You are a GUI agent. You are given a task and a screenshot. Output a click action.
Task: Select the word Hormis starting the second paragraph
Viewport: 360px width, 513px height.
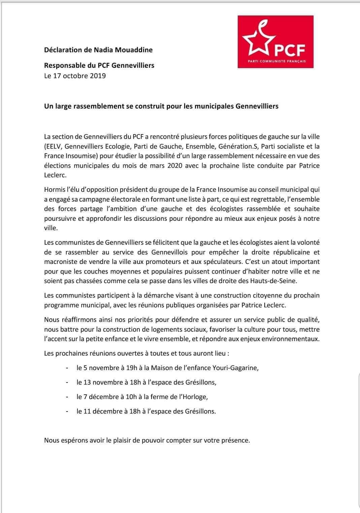pyautogui.click(x=55, y=190)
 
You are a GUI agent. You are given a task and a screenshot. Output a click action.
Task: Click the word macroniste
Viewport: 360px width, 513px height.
pyautogui.click(x=60, y=262)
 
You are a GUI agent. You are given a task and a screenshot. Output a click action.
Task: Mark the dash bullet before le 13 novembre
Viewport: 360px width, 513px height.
pyautogui.click(x=68, y=382)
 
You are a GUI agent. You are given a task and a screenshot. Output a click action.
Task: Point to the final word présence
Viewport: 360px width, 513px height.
pyautogui.click(x=235, y=440)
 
